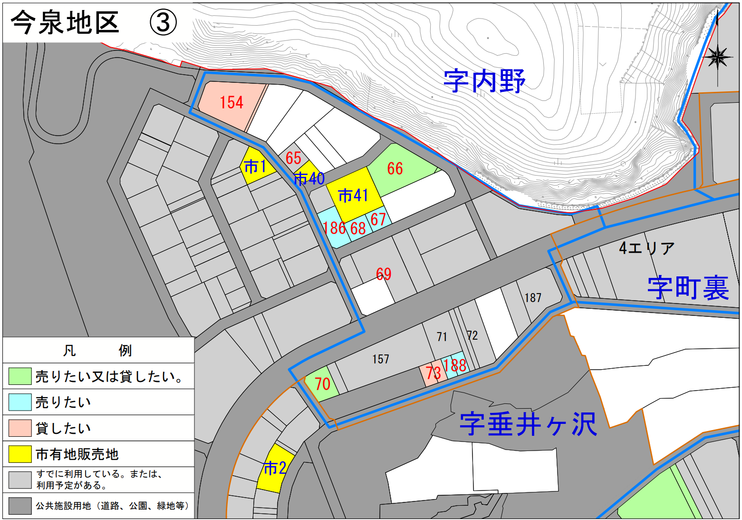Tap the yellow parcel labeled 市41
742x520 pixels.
pos(354,195)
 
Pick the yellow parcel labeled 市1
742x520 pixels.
pos(256,167)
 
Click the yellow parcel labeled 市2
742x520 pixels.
pos(274,469)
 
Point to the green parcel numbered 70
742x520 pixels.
pos(322,384)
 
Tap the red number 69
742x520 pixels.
pos(384,274)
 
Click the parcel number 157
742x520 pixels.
pos(380,359)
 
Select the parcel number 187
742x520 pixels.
pos(532,298)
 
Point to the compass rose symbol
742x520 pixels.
pos(718,57)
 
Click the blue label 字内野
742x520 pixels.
pos(484,81)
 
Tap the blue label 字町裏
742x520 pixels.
pos(688,288)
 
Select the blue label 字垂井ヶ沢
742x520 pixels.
pos(528,424)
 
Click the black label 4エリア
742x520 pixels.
pos(646,248)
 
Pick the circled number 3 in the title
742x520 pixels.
pos(163,22)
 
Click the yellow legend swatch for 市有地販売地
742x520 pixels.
pos(20,454)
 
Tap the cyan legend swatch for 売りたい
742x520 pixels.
pos(20,402)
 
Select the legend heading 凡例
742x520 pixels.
pos(97,351)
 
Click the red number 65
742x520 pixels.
pos(293,158)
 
